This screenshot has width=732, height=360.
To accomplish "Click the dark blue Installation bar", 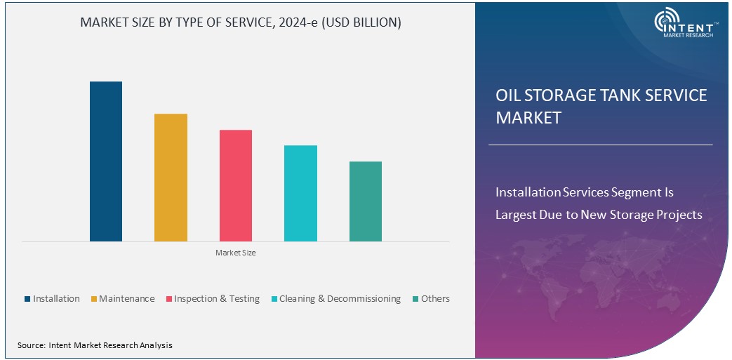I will [x=106, y=161].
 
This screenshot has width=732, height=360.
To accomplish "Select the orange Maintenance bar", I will [x=171, y=178].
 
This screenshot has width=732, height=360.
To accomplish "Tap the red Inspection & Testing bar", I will [x=236, y=185].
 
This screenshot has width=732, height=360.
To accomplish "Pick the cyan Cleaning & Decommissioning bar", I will [x=300, y=193].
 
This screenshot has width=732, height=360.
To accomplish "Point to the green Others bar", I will [x=366, y=201].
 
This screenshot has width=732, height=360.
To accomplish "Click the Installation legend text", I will [x=56, y=299].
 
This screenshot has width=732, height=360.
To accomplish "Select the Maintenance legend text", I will [x=126, y=299].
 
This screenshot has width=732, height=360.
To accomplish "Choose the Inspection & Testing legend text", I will [x=217, y=299].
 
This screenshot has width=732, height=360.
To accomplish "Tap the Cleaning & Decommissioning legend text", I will [x=340, y=299].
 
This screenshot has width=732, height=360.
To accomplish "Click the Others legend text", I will [x=435, y=299].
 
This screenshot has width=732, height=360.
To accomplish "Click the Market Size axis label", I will [x=236, y=253].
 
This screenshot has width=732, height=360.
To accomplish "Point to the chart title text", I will [x=241, y=22].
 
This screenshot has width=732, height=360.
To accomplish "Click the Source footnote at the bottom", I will [x=95, y=345].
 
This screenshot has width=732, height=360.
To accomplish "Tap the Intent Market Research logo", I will [x=685, y=24].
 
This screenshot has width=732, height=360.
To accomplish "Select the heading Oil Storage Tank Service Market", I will [x=601, y=106].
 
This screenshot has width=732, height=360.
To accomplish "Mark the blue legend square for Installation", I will [x=27, y=299].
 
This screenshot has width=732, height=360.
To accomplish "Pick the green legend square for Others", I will [x=415, y=299].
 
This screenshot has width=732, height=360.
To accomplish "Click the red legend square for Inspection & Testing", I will [x=168, y=299].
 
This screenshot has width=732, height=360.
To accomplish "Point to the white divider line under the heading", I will [x=600, y=145].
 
